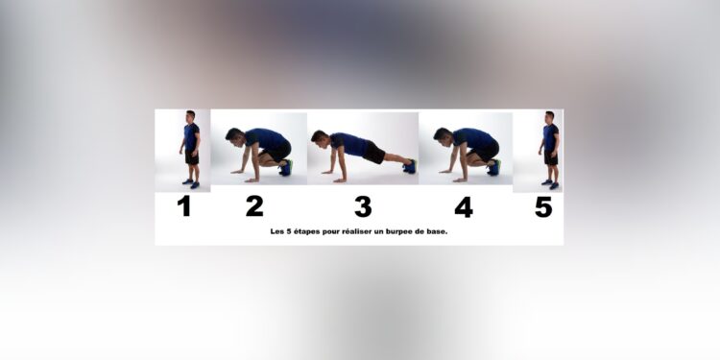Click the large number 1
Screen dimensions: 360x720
tap(184, 206)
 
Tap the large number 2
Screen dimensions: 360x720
tap(254, 206)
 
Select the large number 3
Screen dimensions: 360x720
tap(362, 206)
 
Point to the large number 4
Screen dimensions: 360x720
tap(464, 206)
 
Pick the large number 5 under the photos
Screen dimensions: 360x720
tap(543, 206)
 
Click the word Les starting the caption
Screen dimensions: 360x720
tap(279, 232)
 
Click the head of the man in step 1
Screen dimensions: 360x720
tap(190, 116)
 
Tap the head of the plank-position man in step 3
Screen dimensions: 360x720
tap(319, 138)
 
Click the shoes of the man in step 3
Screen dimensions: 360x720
tap(410, 166)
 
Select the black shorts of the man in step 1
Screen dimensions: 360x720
tap(191, 156)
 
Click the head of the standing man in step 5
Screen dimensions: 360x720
tap(549, 116)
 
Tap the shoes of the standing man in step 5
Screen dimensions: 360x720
tap(549, 183)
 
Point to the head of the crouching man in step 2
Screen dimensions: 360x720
tap(233, 135)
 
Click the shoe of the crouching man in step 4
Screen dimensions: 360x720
tap(493, 167)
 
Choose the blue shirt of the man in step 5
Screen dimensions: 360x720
tap(550, 136)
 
